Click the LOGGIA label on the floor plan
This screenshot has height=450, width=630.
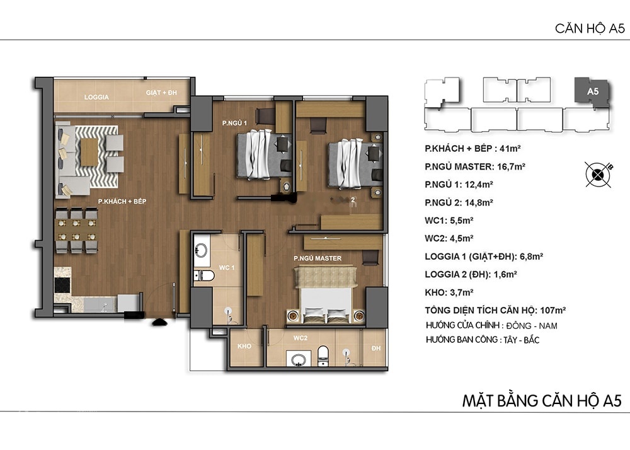[96, 97]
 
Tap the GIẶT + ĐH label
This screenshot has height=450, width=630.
[161, 93]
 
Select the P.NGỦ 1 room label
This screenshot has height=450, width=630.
[234, 123]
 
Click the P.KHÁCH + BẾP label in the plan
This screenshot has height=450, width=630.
[122, 201]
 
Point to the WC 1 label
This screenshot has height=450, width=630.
[227, 268]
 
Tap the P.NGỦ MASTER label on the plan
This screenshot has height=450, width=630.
[318, 258]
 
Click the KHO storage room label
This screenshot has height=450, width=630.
[244, 347]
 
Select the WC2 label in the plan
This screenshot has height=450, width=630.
[300, 338]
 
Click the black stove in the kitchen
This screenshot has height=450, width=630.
[62, 285]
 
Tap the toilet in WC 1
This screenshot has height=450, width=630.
[203, 275]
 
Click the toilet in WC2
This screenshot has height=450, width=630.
[323, 355]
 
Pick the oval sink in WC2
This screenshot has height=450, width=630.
[298, 360]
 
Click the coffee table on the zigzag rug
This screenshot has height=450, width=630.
[89, 152]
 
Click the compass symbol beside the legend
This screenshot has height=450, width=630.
[598, 175]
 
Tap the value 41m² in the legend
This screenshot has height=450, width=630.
[510, 149]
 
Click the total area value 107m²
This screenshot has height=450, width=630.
[553, 310]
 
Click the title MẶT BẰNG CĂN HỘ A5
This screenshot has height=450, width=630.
[542, 401]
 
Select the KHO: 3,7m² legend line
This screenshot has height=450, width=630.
[449, 292]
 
